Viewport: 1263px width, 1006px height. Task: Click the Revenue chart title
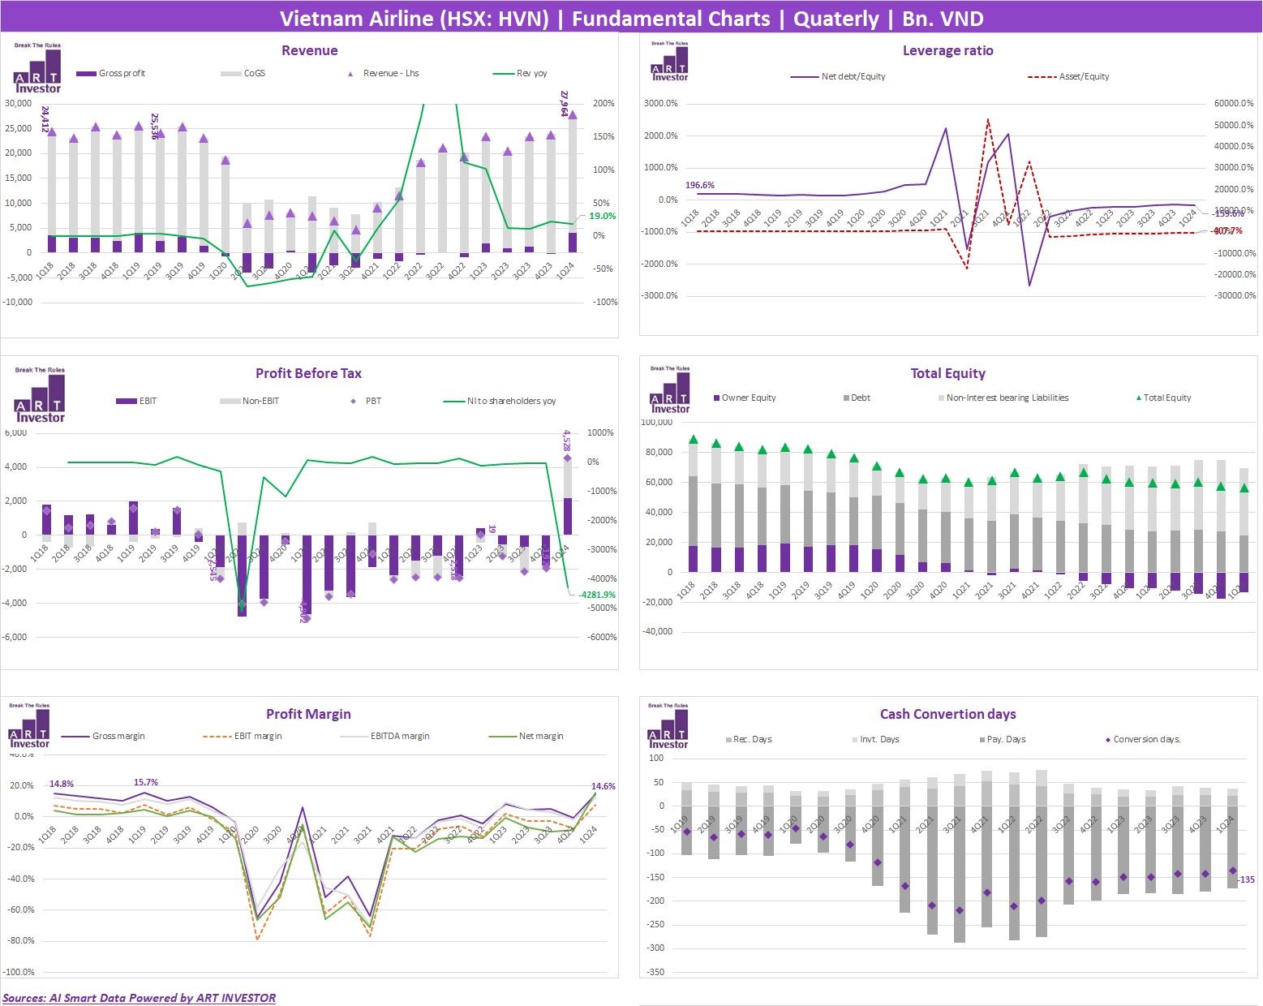[309, 50]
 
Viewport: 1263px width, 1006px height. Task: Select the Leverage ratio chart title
[947, 50]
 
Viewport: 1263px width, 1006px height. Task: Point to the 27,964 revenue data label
[565, 103]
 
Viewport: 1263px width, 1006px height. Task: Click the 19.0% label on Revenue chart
[602, 217]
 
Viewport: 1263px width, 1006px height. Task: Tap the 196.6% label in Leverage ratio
[700, 185]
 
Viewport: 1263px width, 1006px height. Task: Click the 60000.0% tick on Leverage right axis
[1233, 104]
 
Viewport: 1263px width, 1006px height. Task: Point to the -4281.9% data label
[597, 595]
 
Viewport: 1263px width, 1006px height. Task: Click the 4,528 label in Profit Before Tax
[566, 441]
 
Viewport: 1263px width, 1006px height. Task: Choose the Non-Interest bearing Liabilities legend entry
[1007, 398]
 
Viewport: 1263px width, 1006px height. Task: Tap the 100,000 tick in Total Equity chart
[656, 422]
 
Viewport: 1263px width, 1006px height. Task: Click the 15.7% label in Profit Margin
[146, 782]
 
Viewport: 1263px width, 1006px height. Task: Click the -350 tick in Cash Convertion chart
[655, 972]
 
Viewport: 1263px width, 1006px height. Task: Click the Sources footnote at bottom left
[139, 998]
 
